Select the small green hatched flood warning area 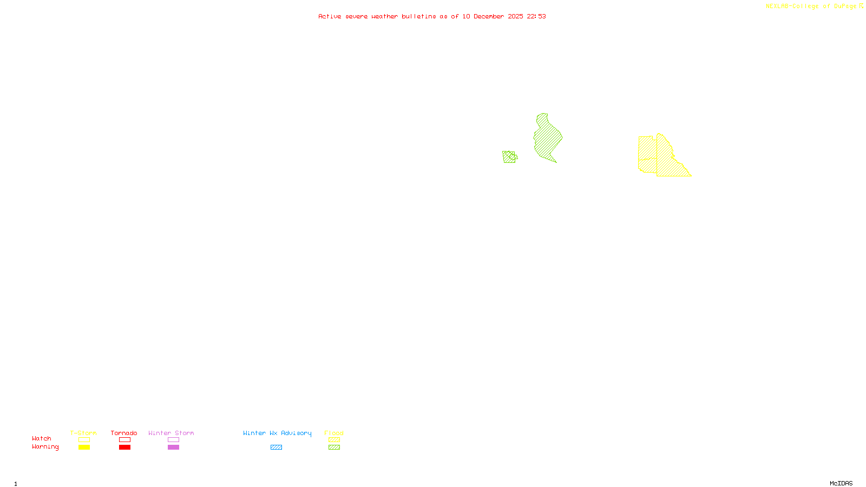pos(509,157)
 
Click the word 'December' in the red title pos(489,16)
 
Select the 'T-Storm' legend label pos(83,433)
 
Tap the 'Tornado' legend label pos(124,433)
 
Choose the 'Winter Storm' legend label pos(171,433)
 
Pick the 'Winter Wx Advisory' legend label pos(277,433)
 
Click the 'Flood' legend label pos(334,433)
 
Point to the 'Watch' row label pos(42,438)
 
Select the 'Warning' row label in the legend pos(45,447)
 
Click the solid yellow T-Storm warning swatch pos(84,447)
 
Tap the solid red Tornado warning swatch pos(124,447)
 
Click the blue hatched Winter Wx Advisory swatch pos(276,447)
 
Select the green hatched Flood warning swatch pos(334,447)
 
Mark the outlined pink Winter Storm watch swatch pos(173,440)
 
